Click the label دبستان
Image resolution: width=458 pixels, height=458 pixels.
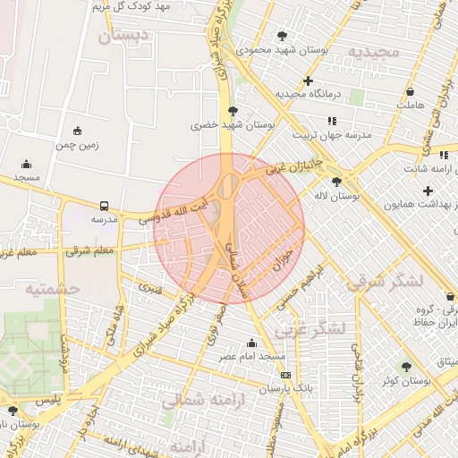click(123, 38)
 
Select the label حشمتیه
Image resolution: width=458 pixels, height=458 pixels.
click(53, 289)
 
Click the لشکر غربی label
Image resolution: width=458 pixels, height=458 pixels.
click(310, 329)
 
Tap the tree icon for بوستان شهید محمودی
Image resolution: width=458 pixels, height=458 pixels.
click(283, 37)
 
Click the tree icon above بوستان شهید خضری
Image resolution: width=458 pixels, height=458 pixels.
click(233, 112)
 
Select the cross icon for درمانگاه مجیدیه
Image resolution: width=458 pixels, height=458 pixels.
click(308, 81)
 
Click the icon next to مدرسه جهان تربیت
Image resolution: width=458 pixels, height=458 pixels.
click(332, 121)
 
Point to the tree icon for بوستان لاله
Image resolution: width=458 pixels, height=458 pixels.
click(335, 182)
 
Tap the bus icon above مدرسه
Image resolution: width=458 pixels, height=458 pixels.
click(105, 205)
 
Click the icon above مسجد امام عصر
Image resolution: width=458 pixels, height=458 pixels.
click(251, 343)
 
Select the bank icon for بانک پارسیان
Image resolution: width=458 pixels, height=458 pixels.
click(285, 376)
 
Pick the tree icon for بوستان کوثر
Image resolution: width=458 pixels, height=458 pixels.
click(407, 367)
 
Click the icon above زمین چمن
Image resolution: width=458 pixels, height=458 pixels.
click(78, 131)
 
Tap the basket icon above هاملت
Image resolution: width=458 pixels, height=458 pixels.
click(411, 91)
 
